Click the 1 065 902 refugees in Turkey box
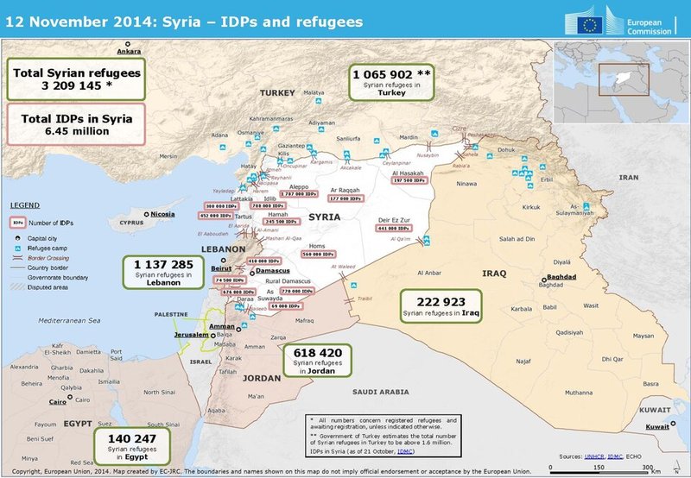click(x=391, y=84)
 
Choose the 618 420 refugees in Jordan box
click(x=318, y=361)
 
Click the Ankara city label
click(x=129, y=52)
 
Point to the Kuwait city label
click(x=656, y=426)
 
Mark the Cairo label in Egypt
click(x=58, y=401)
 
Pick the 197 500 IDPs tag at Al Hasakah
click(x=410, y=180)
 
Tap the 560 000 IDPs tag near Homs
click(x=319, y=255)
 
